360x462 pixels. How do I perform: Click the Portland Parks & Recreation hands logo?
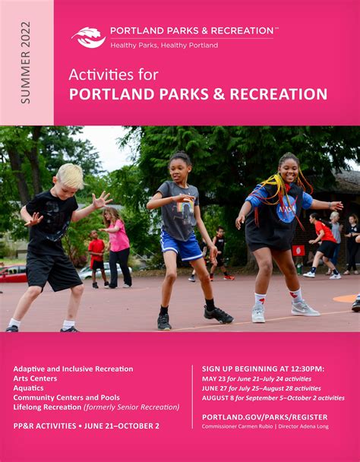(x=88, y=36)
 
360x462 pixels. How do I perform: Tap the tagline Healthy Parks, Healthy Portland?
(x=164, y=46)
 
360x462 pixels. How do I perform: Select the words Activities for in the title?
(x=113, y=74)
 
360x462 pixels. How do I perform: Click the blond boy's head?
(x=70, y=176)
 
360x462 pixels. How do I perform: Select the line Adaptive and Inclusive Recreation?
(x=73, y=369)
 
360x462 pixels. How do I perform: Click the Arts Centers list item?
(x=34, y=378)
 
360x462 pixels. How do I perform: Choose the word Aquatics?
(x=29, y=388)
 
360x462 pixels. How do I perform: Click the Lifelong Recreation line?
(x=96, y=407)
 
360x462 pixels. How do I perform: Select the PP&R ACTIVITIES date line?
(x=86, y=426)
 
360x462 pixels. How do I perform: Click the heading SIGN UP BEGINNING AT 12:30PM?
(x=263, y=369)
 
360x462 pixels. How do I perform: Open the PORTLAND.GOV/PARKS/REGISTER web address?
(x=264, y=416)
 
